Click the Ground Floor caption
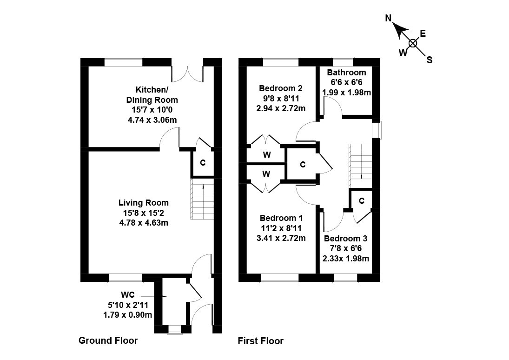[108, 340]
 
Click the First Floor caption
[260, 341]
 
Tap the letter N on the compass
[389, 19]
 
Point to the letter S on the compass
[430, 60]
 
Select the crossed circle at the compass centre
[412, 43]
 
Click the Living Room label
[144, 203]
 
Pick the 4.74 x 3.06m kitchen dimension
[152, 120]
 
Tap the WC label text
[128, 294]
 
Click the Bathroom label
[346, 73]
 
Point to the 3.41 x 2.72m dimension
[281, 238]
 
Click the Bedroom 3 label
[346, 239]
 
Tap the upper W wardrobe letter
[266, 154]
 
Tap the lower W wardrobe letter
[266, 174]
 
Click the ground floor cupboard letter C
[203, 163]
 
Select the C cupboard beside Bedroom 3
[361, 200]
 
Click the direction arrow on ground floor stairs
[202, 187]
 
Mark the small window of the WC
[174, 330]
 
